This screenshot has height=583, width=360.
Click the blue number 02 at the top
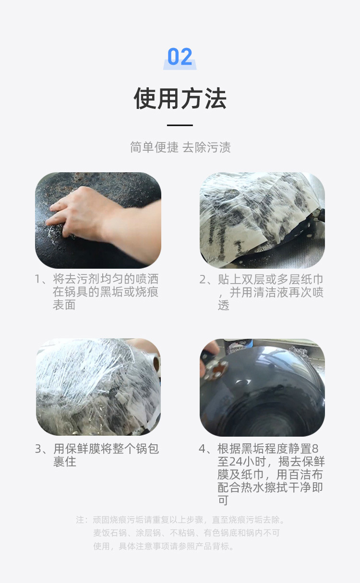click(x=180, y=58)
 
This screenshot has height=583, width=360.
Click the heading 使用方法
click(x=180, y=98)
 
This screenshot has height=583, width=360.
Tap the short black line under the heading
click(x=180, y=125)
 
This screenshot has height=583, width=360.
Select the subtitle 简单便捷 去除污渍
click(x=180, y=147)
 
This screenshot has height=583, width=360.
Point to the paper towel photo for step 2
click(x=262, y=220)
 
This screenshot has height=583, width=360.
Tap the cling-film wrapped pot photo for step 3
click(x=98, y=387)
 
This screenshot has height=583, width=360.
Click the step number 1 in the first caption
click(x=38, y=279)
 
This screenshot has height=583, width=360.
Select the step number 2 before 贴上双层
click(x=203, y=279)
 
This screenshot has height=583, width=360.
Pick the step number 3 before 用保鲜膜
click(x=38, y=449)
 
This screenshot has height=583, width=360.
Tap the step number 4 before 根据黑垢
click(x=203, y=449)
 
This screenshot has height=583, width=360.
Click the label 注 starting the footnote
click(x=80, y=520)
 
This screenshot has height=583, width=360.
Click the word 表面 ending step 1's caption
click(x=64, y=305)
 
